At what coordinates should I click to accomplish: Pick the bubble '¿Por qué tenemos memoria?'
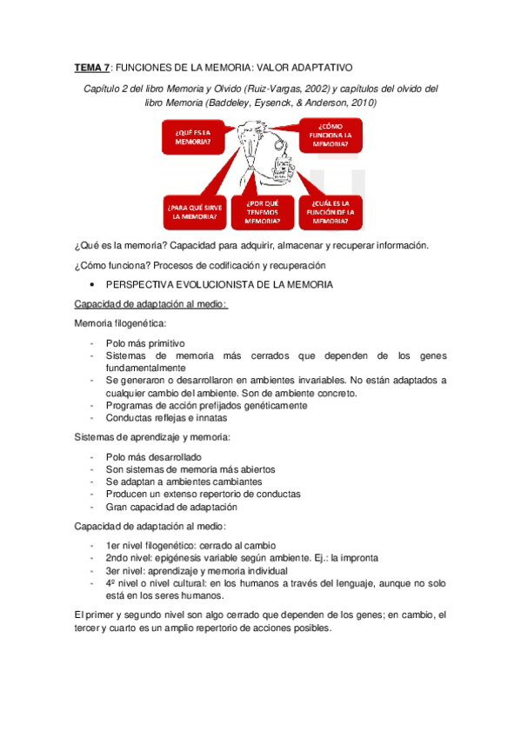[262, 212]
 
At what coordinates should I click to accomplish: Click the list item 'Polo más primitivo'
[144, 342]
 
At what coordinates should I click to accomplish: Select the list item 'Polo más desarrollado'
[153, 457]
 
